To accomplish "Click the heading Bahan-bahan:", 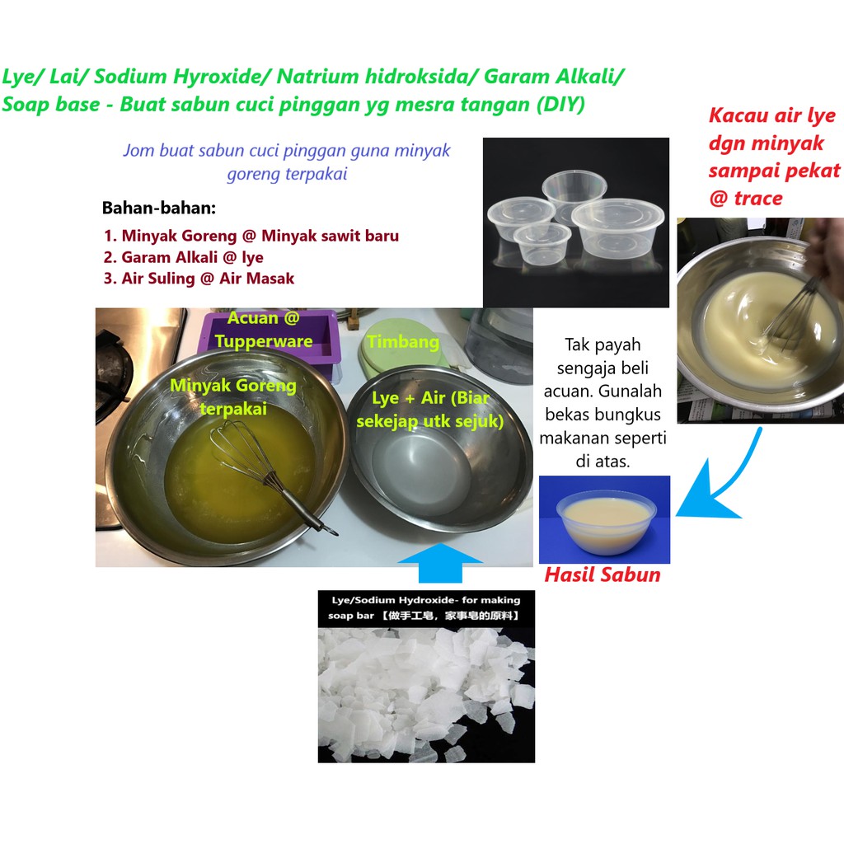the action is (159, 208).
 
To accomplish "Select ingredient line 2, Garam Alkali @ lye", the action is (183, 257).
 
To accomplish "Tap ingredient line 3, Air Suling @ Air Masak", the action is (199, 279).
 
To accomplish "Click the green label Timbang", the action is (403, 342).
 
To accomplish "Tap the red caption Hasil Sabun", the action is (603, 574).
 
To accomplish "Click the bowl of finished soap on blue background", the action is (606, 521).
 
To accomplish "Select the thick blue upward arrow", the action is (440, 563).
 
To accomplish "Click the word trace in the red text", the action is (758, 199).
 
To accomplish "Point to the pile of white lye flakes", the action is (426, 694).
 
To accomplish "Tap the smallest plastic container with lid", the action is (542, 244).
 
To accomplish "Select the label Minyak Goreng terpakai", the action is (233, 396).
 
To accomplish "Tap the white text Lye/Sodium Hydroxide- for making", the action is (426, 600).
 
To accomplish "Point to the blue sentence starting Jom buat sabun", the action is (286, 162).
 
